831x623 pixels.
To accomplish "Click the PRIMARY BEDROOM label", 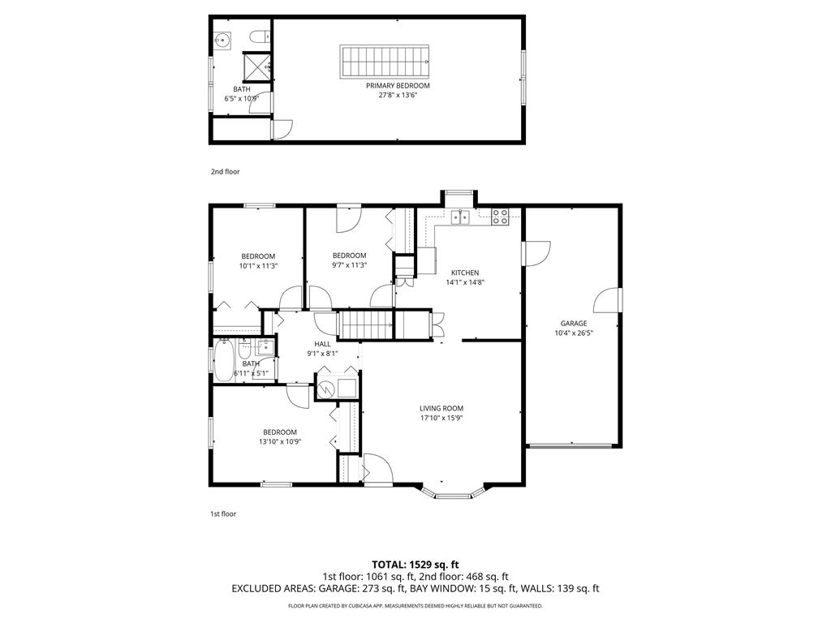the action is pyautogui.click(x=398, y=86).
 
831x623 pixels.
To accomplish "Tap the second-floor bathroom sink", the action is pyautogui.click(x=222, y=41).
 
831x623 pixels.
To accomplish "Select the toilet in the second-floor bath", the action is pyautogui.click(x=260, y=37).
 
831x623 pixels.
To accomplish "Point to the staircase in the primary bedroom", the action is pyautogui.click(x=384, y=62).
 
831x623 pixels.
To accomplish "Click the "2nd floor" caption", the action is pyautogui.click(x=226, y=172).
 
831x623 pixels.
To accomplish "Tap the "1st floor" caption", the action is pyautogui.click(x=223, y=513).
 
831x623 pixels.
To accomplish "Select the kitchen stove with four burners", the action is pyautogui.click(x=500, y=217).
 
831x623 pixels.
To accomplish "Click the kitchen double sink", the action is pyautogui.click(x=460, y=217).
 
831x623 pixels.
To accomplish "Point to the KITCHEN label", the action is pyautogui.click(x=465, y=273).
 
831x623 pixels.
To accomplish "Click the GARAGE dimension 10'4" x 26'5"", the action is pyautogui.click(x=574, y=333).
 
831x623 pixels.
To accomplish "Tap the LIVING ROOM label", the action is pyautogui.click(x=441, y=409).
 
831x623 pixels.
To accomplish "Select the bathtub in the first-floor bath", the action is pyautogui.click(x=224, y=359).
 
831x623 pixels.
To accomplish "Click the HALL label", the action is pyautogui.click(x=322, y=344).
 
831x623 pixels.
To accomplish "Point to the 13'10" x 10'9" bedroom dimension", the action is pyautogui.click(x=280, y=442).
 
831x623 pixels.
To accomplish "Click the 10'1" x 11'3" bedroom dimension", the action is pyautogui.click(x=258, y=266).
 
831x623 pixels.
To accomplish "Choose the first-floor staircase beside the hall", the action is pyautogui.click(x=365, y=324).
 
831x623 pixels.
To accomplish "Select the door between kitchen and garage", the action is pyautogui.click(x=536, y=253).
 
